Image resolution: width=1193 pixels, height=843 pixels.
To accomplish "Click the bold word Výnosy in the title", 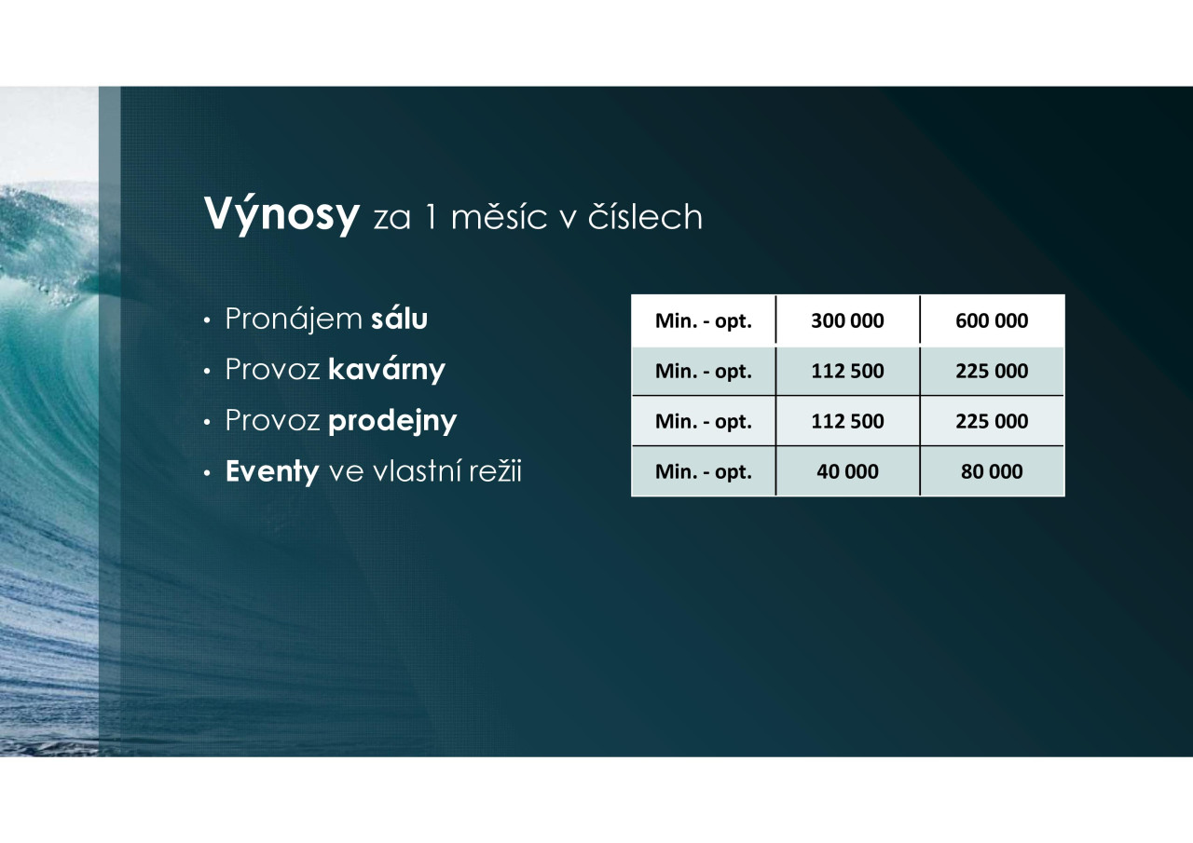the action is tap(281, 215).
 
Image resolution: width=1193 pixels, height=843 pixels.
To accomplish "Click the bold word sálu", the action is tap(400, 319).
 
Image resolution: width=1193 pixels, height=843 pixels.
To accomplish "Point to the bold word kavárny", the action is tap(387, 370).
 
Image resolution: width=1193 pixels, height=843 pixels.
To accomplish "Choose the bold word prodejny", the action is tap(392, 420).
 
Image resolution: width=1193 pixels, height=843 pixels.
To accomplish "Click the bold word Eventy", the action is tap(272, 471).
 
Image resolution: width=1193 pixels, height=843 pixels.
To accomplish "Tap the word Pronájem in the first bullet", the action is tap(294, 320).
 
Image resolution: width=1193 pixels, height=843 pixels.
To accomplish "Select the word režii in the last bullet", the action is tap(495, 471).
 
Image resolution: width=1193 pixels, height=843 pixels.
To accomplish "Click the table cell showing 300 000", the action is tap(847, 320).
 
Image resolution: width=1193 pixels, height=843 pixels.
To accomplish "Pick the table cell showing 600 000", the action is tap(992, 320).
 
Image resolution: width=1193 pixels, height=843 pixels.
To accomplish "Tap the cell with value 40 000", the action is tap(847, 471).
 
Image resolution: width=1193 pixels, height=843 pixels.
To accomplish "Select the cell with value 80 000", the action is tap(992, 471).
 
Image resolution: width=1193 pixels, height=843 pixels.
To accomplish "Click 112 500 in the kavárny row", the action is tap(847, 371).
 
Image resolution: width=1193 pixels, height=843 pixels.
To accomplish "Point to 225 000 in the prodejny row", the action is tap(992, 421).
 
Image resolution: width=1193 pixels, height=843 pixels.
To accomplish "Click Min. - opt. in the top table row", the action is tap(703, 321).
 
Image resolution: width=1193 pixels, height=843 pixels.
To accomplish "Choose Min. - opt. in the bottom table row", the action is tap(703, 472).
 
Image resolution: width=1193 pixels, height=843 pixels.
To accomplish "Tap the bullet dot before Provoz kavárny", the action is tap(208, 372).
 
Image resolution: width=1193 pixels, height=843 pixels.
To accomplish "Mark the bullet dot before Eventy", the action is tap(208, 473).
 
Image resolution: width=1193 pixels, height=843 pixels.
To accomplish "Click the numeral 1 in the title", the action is tap(431, 217).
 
